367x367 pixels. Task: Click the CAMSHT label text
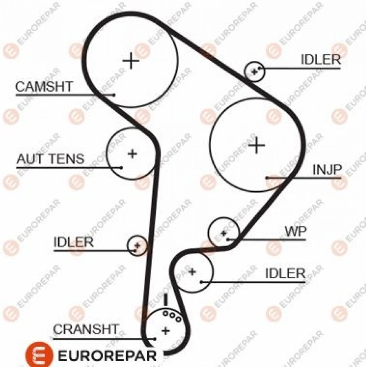(44, 86)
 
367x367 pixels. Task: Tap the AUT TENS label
(50, 159)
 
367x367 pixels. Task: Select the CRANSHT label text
(86, 329)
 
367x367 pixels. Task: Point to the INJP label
(326, 170)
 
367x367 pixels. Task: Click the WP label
(295, 232)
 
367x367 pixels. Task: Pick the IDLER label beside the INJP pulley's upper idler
(321, 60)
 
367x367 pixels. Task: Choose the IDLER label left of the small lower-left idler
(73, 242)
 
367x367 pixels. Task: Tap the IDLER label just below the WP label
(285, 273)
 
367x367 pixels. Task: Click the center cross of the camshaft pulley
(131, 61)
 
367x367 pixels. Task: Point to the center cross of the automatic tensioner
(132, 154)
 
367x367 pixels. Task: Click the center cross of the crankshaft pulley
(165, 330)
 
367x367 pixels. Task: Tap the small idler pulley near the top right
(254, 71)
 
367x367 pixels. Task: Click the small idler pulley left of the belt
(137, 245)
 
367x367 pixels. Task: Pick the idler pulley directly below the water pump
(192, 272)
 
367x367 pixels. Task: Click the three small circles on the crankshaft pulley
(172, 315)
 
